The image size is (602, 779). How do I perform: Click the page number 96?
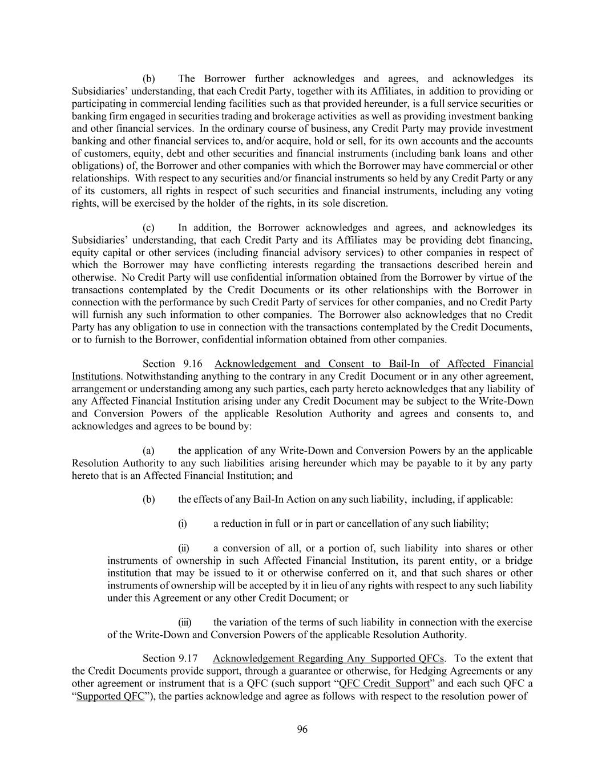pos(302,729)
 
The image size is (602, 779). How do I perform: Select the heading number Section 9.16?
pos(172,364)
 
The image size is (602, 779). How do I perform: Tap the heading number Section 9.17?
pos(172,659)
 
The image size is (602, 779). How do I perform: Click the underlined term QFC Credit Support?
pos(384,684)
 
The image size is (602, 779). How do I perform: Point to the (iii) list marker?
pos(185,622)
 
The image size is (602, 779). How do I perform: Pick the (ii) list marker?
pos(184,548)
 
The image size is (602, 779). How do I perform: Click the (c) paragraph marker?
pos(148,228)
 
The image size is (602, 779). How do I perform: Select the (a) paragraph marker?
pos(148,450)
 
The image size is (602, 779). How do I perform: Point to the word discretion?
pos(366,203)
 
